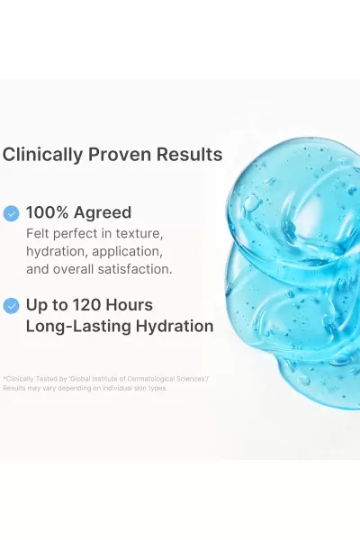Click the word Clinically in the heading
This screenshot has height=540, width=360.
[x=42, y=155]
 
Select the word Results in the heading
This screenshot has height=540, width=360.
[x=190, y=154]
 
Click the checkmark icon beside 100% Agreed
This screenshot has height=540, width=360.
[x=11, y=213]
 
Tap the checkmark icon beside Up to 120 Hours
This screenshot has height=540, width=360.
[x=11, y=306]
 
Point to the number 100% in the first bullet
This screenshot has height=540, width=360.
[x=47, y=212]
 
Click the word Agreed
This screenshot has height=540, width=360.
[x=103, y=213]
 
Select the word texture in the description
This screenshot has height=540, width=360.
[x=139, y=233]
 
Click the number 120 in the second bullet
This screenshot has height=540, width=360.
[x=86, y=305]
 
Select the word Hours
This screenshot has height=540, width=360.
[x=129, y=305]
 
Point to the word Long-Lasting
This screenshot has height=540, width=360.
[x=78, y=327]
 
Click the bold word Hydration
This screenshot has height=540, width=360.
[x=175, y=327]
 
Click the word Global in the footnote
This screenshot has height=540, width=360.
[x=79, y=379]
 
